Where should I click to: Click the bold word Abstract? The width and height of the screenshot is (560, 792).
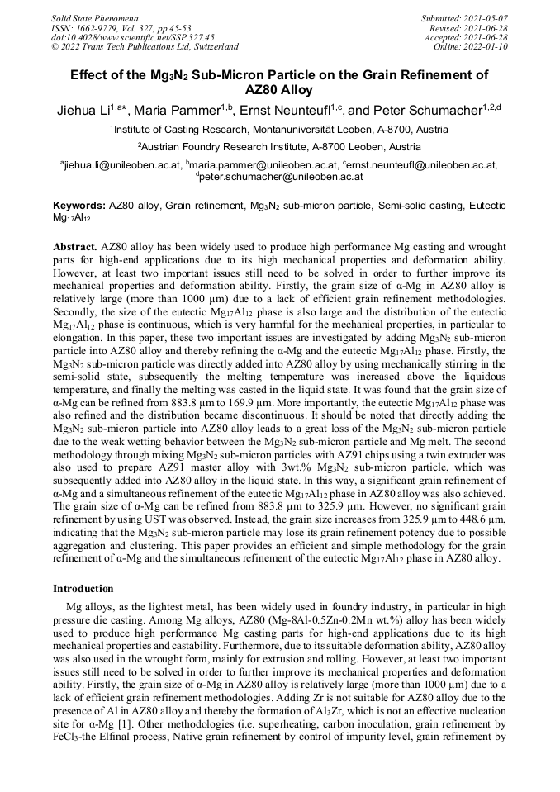[x=75, y=247]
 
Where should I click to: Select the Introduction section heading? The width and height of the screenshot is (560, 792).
[x=83, y=589]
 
